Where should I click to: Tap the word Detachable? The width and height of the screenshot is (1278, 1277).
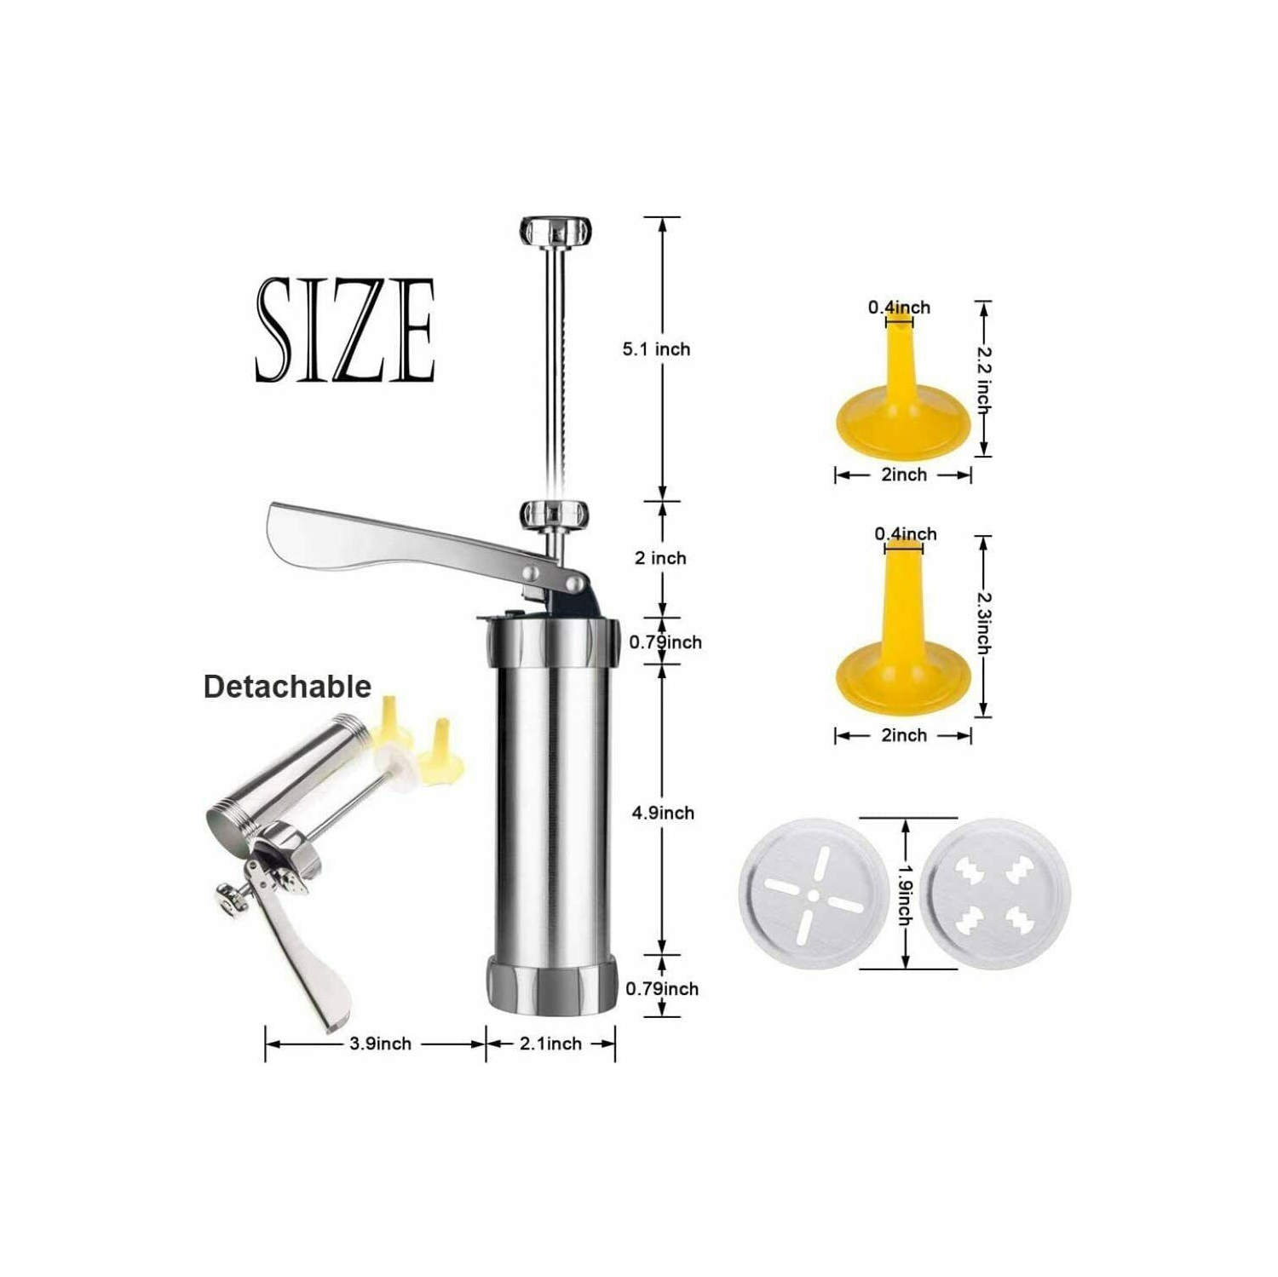[x=287, y=687]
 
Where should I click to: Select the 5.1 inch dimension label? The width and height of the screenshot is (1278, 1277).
[x=656, y=349]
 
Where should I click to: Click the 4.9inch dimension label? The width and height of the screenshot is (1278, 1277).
[x=663, y=813]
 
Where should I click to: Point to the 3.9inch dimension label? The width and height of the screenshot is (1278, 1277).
[x=380, y=1044]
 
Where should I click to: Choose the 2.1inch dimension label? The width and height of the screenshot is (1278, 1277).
[x=551, y=1044]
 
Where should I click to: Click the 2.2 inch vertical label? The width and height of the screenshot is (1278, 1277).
[x=983, y=379]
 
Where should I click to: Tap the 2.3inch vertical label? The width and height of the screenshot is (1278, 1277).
[x=983, y=624]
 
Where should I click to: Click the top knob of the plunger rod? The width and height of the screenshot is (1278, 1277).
[x=556, y=230]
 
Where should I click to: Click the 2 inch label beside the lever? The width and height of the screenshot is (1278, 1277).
[x=660, y=558]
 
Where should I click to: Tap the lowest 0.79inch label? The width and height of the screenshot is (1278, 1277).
[x=662, y=989]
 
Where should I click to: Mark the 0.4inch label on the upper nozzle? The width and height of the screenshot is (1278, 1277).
[x=899, y=307]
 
